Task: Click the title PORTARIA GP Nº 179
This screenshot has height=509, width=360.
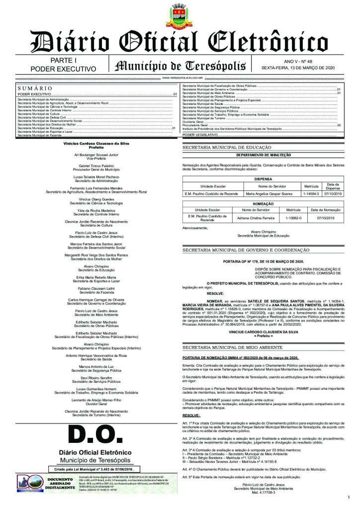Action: pyautogui.click(x=263, y=261)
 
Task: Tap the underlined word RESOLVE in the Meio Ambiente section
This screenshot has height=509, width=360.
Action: pyautogui.click(x=191, y=415)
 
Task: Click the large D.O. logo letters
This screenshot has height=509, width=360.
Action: pyautogui.click(x=95, y=435)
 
